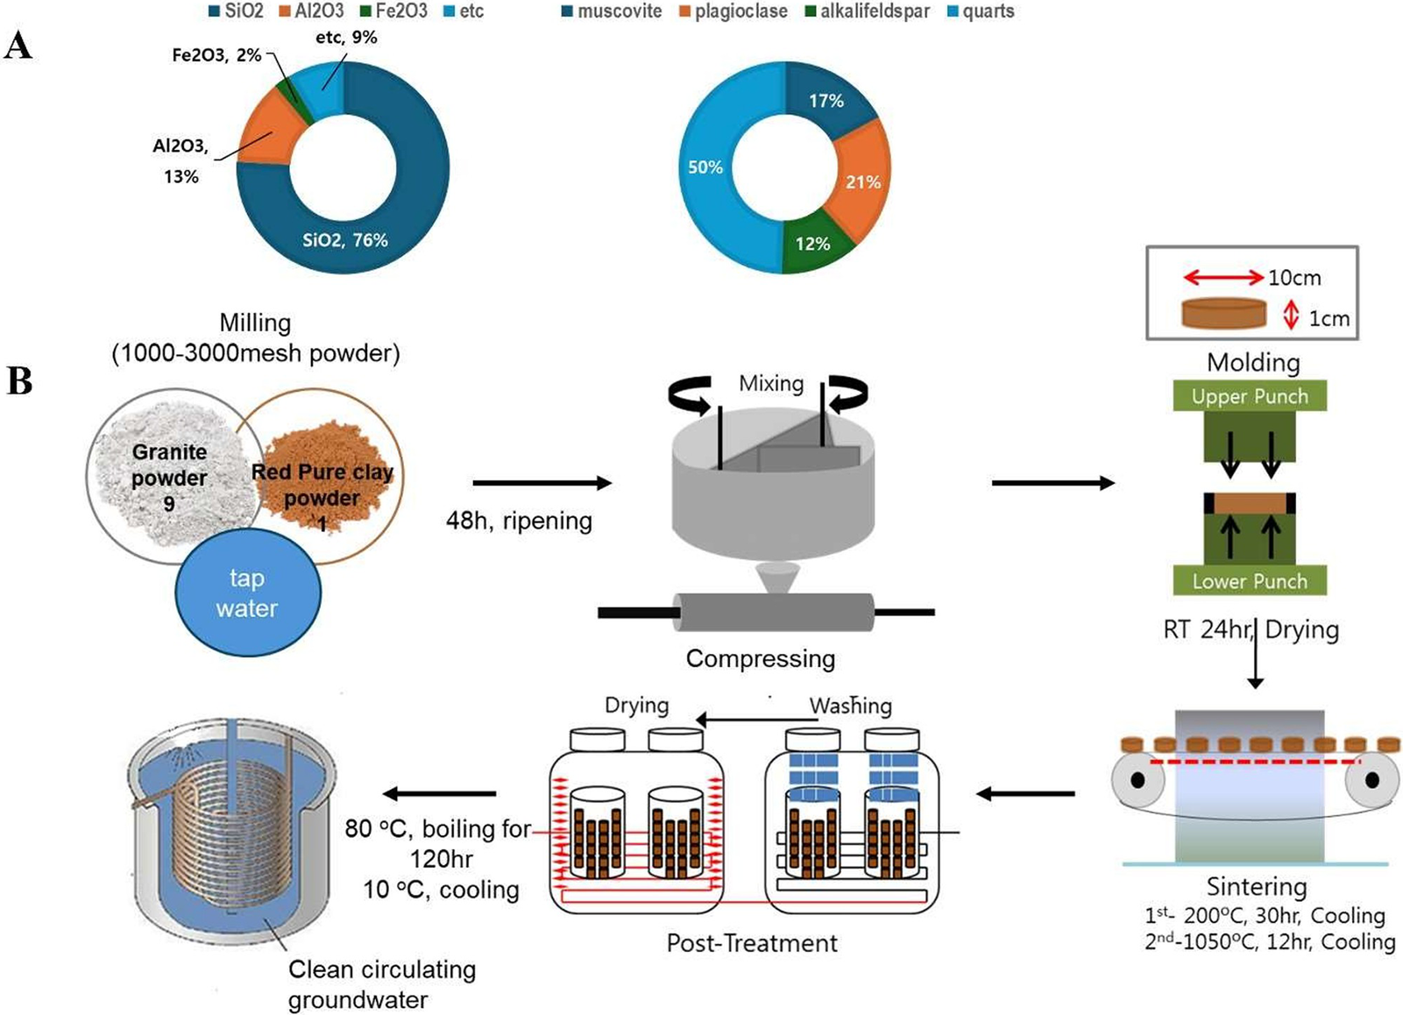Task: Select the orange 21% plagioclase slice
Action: (861, 181)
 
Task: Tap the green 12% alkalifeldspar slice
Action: (813, 245)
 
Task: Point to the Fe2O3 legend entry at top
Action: (393, 11)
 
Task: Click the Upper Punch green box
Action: (1249, 396)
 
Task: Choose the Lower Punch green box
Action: (1249, 581)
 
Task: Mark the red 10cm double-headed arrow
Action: (1223, 278)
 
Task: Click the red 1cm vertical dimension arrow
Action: (1290, 316)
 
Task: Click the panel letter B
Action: (19, 381)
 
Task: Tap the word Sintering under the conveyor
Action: (1256, 886)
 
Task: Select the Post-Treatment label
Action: (752, 943)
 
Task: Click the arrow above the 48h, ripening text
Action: (541, 483)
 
